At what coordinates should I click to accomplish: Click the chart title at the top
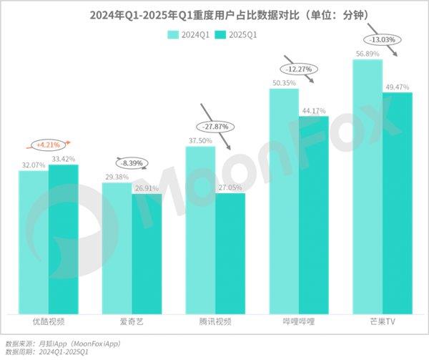(x=214, y=14)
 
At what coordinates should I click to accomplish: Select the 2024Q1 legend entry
(x=190, y=34)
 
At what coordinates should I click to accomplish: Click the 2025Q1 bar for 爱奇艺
(x=147, y=254)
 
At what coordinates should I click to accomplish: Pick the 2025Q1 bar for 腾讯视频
(x=230, y=253)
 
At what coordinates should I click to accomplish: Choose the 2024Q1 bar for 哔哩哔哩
(x=284, y=200)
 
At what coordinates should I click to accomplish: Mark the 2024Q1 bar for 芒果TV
(x=368, y=186)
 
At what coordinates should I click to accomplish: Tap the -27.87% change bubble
(x=215, y=126)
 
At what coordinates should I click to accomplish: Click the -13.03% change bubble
(x=383, y=39)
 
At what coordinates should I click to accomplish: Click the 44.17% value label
(x=313, y=110)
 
